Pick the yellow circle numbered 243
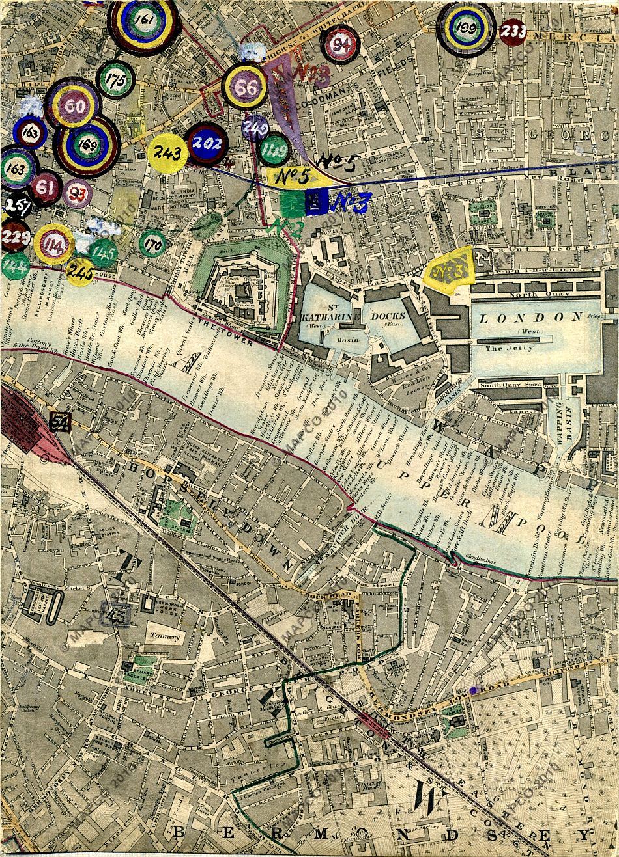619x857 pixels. (167, 154)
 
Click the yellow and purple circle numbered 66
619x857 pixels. (245, 87)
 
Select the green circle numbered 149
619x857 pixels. (274, 152)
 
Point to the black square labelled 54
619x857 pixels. (61, 423)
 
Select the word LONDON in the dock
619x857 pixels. (530, 318)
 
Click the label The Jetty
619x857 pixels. (510, 348)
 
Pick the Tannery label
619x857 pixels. (164, 637)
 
